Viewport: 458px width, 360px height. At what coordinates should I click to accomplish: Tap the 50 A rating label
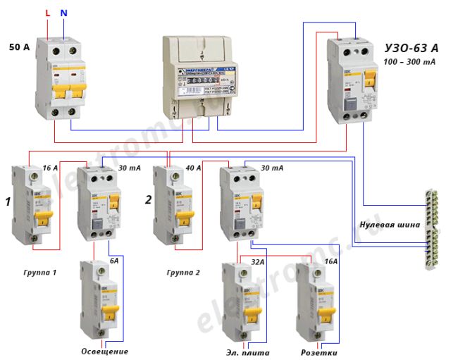pos(19,48)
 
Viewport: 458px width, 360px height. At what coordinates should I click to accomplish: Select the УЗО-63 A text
pos(411,48)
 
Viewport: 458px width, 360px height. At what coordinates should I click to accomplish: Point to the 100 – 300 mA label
pos(409,62)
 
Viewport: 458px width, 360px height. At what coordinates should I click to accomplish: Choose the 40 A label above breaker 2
pos(192,168)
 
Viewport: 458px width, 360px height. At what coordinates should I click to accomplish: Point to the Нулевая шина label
pos(390,225)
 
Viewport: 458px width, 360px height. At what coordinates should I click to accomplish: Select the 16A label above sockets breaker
pos(330,261)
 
